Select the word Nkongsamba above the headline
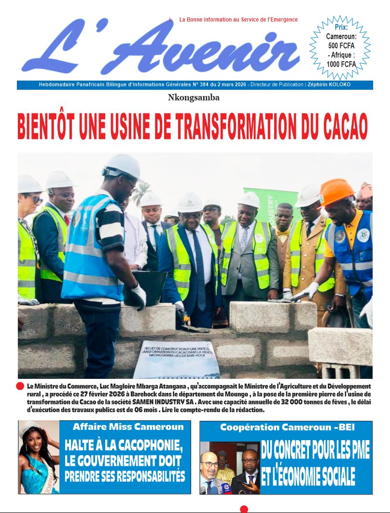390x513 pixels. pyautogui.click(x=194, y=98)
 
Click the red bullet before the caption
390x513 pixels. pyautogui.click(x=20, y=386)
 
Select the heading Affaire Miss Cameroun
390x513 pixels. pyautogui.click(x=128, y=427)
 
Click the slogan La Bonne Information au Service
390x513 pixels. pyautogui.click(x=238, y=20)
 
